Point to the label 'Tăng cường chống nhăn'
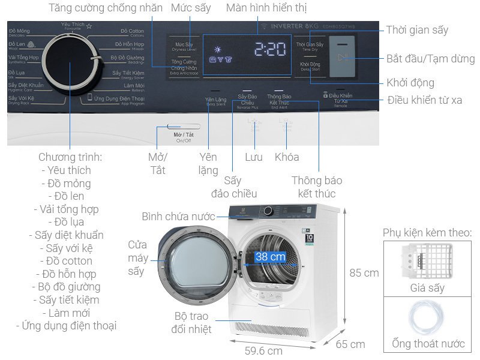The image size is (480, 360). (x=106, y=8)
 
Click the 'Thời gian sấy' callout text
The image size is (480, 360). (x=417, y=30)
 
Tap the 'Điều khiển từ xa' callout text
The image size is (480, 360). (x=424, y=100)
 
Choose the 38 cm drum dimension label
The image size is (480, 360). (x=269, y=257)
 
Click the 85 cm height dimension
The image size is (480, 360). (x=364, y=272)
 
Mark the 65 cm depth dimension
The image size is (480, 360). (x=350, y=344)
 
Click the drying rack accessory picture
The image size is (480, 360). (x=426, y=261)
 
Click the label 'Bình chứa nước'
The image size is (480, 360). (x=178, y=217)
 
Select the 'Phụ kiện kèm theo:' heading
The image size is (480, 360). (x=427, y=232)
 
